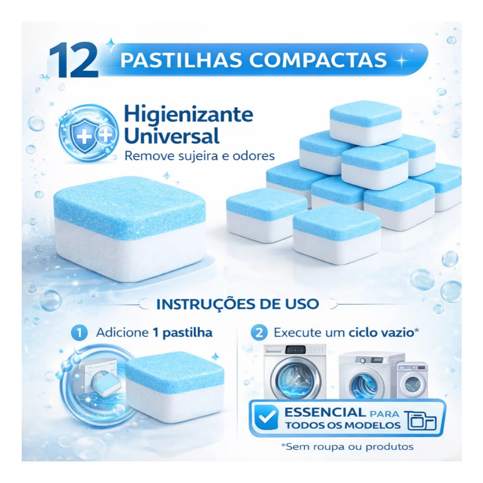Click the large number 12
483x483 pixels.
(x=73, y=60)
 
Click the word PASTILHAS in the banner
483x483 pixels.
(x=181, y=60)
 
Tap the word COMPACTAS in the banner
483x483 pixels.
(x=317, y=60)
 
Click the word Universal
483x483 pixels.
(x=172, y=136)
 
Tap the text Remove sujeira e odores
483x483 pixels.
(x=200, y=156)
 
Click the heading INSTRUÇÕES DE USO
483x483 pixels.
(x=238, y=304)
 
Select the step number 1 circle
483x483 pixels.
(x=79, y=333)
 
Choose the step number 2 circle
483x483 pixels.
(x=259, y=333)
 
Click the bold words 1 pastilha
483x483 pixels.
(x=183, y=333)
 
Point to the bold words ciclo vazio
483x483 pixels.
(x=381, y=333)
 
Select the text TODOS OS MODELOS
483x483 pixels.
(x=342, y=425)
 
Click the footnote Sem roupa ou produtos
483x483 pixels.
(x=347, y=447)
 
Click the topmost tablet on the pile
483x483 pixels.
(x=366, y=123)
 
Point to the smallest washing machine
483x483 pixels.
(x=412, y=381)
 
